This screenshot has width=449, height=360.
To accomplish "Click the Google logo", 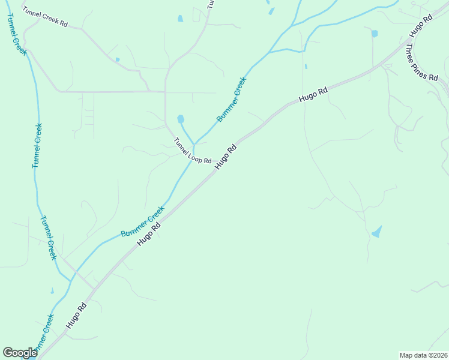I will (x=20, y=353).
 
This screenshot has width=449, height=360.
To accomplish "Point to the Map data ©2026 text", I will (x=423, y=355).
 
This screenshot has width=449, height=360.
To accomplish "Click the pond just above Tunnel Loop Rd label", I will (x=181, y=119).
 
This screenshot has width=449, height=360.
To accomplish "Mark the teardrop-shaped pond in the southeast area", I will (x=377, y=232).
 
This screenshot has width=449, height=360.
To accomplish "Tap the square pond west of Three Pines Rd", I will (x=375, y=34).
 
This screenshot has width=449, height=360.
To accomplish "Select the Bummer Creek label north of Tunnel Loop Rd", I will (x=232, y=99).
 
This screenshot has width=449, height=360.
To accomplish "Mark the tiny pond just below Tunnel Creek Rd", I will (x=117, y=59).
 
